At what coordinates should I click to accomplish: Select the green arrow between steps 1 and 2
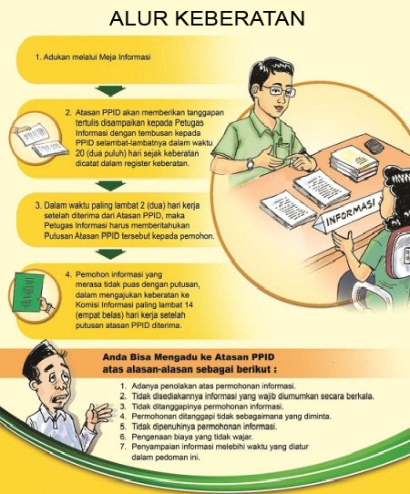coord(111,90)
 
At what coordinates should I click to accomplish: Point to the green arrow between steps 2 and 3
coord(111,186)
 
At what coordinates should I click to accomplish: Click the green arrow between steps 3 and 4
coord(111,254)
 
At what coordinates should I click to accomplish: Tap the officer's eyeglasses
coord(279,90)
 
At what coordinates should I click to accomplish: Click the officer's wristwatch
coord(250,164)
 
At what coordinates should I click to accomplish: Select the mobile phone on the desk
coord(374,146)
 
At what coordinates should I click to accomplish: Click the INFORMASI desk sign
coord(347,214)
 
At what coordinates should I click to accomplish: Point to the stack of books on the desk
coord(354,164)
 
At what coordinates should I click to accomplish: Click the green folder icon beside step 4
coord(27,292)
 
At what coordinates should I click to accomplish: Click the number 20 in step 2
coord(79,153)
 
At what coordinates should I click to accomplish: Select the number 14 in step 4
coord(189,305)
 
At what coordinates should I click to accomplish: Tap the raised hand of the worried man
coord(99,414)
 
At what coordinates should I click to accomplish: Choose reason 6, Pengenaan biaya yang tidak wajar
coord(193,437)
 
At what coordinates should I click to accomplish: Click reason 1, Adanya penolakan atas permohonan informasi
coord(213,386)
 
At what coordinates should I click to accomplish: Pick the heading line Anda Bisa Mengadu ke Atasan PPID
coord(189,357)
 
